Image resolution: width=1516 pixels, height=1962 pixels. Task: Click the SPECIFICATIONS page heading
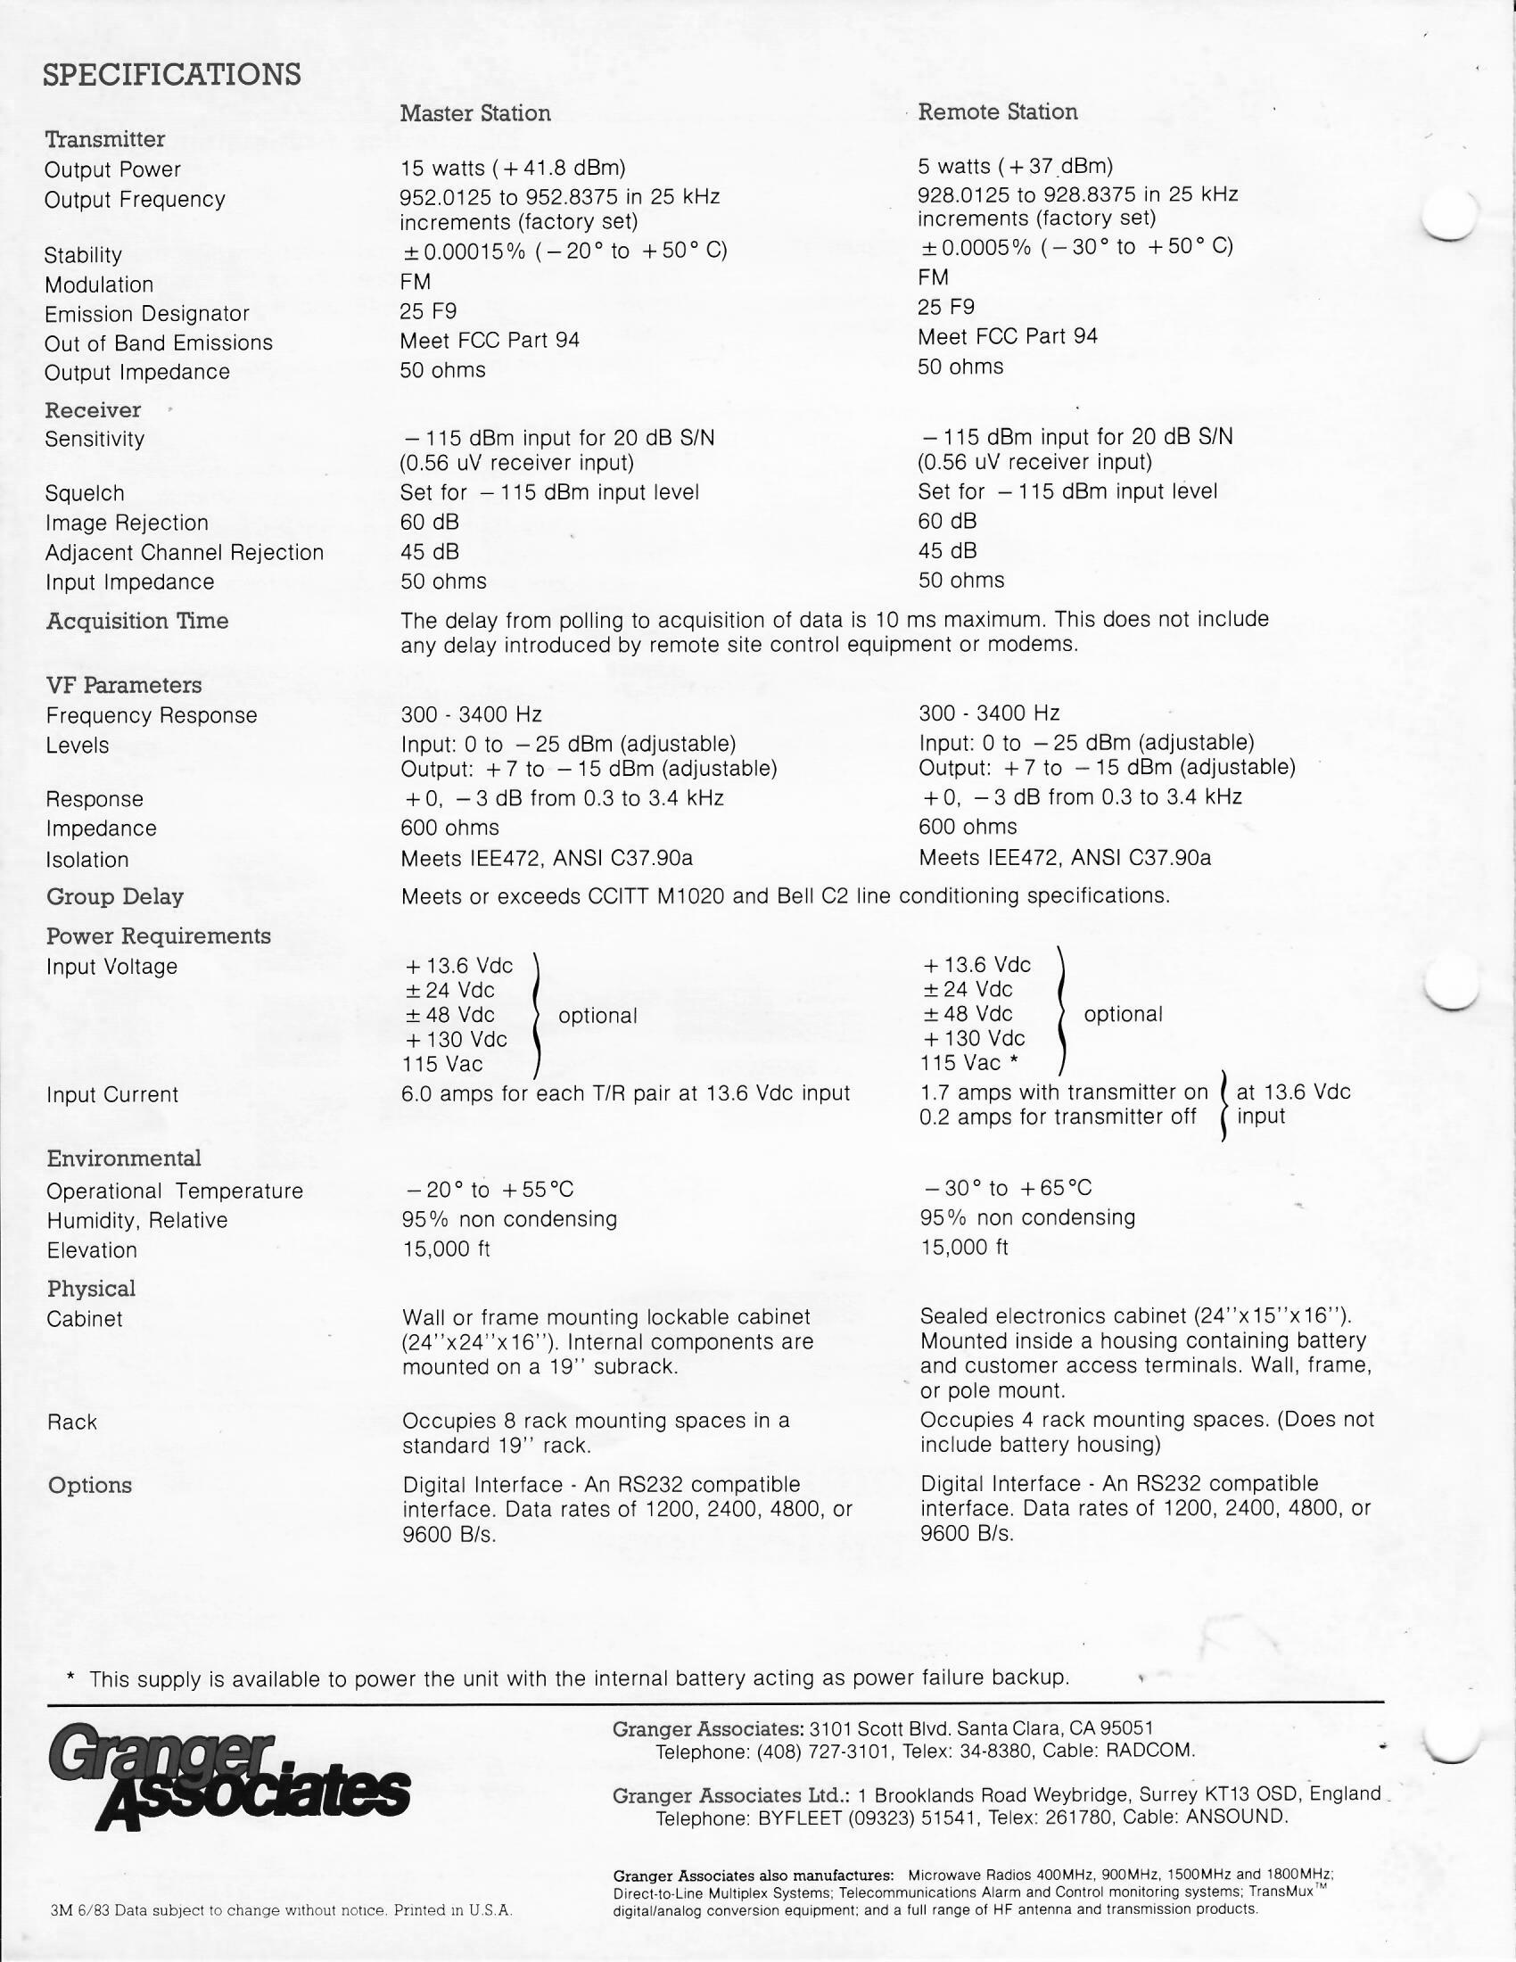click(x=171, y=74)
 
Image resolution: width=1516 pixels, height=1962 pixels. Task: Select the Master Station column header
click(x=475, y=113)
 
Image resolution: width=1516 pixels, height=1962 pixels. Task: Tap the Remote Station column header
click(x=997, y=111)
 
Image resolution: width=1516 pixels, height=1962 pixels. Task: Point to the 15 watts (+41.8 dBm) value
click(x=513, y=168)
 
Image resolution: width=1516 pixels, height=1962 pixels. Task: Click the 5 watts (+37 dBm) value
click(x=1015, y=166)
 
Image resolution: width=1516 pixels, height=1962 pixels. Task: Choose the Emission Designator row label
click(x=146, y=314)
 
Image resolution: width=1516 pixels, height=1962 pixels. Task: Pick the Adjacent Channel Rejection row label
click(x=184, y=553)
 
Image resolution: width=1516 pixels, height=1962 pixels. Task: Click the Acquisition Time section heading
click(x=137, y=621)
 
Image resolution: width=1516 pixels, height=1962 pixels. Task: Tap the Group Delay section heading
click(x=115, y=896)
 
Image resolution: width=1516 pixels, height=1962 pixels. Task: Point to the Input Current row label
click(x=112, y=1094)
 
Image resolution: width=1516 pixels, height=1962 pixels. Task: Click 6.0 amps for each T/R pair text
click(x=625, y=1093)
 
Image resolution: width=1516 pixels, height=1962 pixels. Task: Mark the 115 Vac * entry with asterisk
click(x=968, y=1063)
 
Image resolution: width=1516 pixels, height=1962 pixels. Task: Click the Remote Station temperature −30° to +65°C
click(x=1007, y=1188)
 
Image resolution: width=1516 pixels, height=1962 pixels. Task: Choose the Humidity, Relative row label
click(x=136, y=1220)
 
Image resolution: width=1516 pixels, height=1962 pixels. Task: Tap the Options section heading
click(x=90, y=1485)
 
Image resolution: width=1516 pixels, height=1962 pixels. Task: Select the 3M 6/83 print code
click(x=80, y=1910)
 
